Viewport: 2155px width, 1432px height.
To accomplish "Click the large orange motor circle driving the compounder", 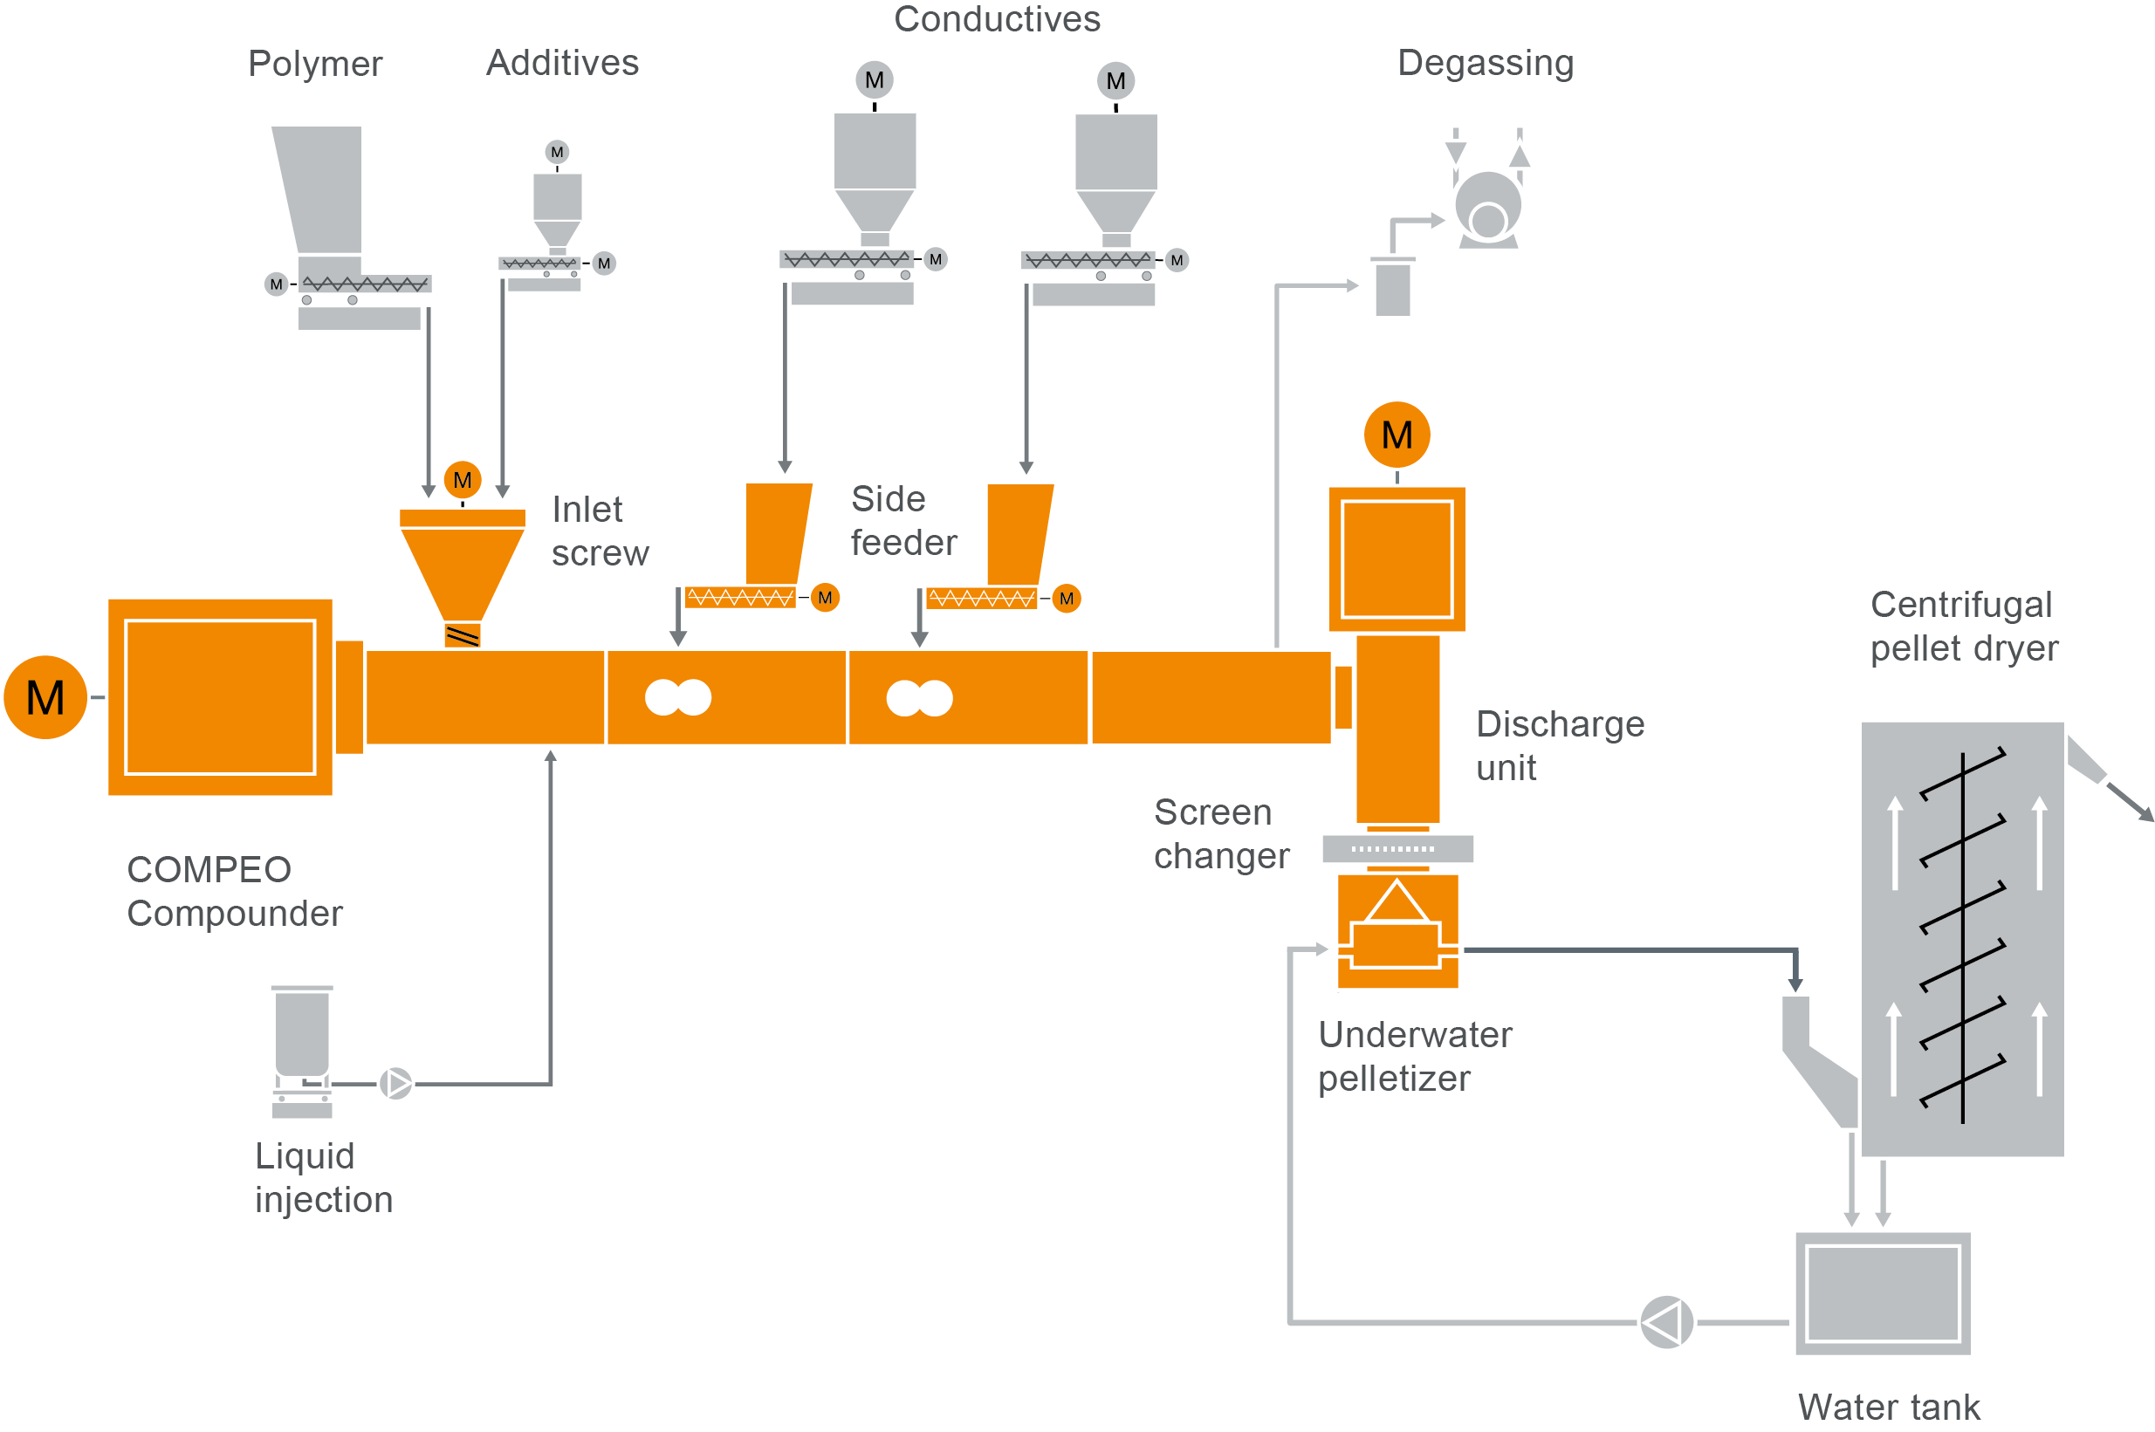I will point(45,697).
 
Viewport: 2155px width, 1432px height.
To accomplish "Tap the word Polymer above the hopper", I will point(315,64).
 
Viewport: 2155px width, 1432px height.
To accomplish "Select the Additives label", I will point(562,63).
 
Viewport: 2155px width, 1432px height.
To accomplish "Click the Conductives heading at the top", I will point(997,19).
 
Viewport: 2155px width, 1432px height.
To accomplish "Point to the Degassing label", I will point(1486,63).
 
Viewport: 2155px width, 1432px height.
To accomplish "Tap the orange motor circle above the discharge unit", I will point(1396,435).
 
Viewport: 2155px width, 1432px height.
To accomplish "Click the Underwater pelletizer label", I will point(1414,1056).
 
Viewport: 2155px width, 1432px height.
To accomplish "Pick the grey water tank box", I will point(1882,1292).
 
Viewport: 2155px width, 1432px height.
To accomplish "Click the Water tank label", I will point(1888,1407).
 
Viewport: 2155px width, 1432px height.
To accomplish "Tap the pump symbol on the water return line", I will point(1665,1321).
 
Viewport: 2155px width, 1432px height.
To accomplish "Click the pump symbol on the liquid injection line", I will point(395,1083).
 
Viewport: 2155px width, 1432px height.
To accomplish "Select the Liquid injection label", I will point(324,1177).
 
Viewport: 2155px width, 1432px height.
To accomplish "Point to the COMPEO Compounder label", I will point(234,890).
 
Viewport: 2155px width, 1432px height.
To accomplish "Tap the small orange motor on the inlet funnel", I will point(463,479).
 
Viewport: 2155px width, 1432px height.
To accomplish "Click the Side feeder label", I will point(902,521).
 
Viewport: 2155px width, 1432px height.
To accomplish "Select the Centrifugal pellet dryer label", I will point(1963,627).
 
